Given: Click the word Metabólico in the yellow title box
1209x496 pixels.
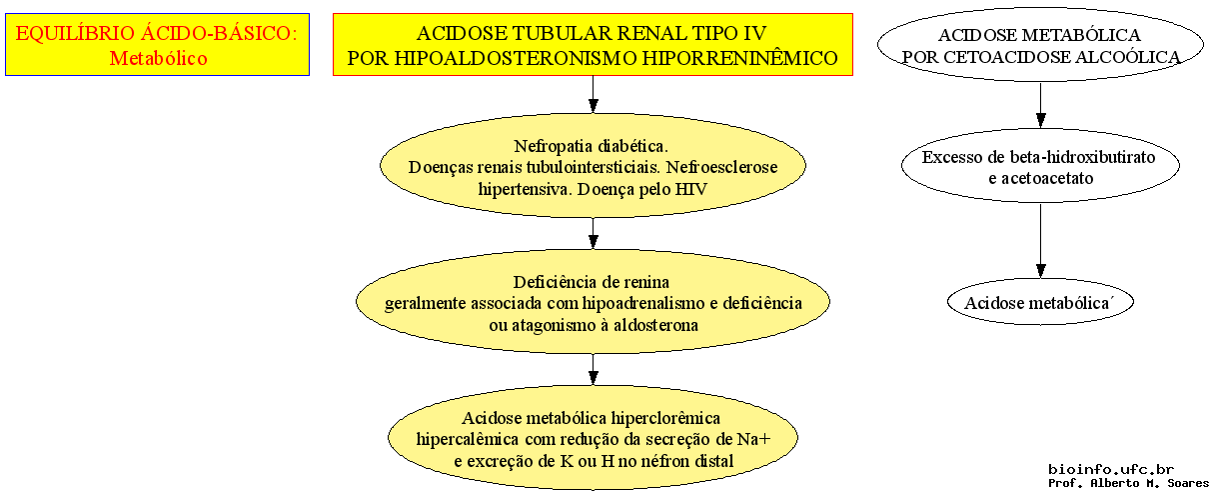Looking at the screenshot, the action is coord(158,58).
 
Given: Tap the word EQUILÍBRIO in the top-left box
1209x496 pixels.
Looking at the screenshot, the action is coord(74,33).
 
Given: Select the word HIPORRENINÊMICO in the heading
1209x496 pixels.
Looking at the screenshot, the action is coord(737,58).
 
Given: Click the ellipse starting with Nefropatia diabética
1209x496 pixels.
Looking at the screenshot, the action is coord(593,165).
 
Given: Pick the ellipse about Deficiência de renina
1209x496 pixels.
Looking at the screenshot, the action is coord(593,301).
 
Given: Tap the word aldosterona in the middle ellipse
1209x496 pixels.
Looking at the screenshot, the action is coord(655,325).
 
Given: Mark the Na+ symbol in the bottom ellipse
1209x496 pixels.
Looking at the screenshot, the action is coord(753,439).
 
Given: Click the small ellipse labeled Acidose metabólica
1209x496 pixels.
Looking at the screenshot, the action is coord(1040,301).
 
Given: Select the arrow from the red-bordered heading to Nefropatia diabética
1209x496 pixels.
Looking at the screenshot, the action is coord(594,95).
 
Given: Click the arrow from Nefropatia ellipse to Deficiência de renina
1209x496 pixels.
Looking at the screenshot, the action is coord(594,233).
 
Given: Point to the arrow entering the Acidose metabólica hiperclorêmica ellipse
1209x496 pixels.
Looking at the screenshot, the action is coord(594,370).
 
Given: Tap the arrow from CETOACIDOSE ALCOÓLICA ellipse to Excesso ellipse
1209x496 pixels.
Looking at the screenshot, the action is coord(1040,105).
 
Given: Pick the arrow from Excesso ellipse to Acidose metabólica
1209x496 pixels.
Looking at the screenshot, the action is coord(1040,241).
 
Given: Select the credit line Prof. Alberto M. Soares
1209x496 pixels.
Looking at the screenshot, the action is coord(1128,483).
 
